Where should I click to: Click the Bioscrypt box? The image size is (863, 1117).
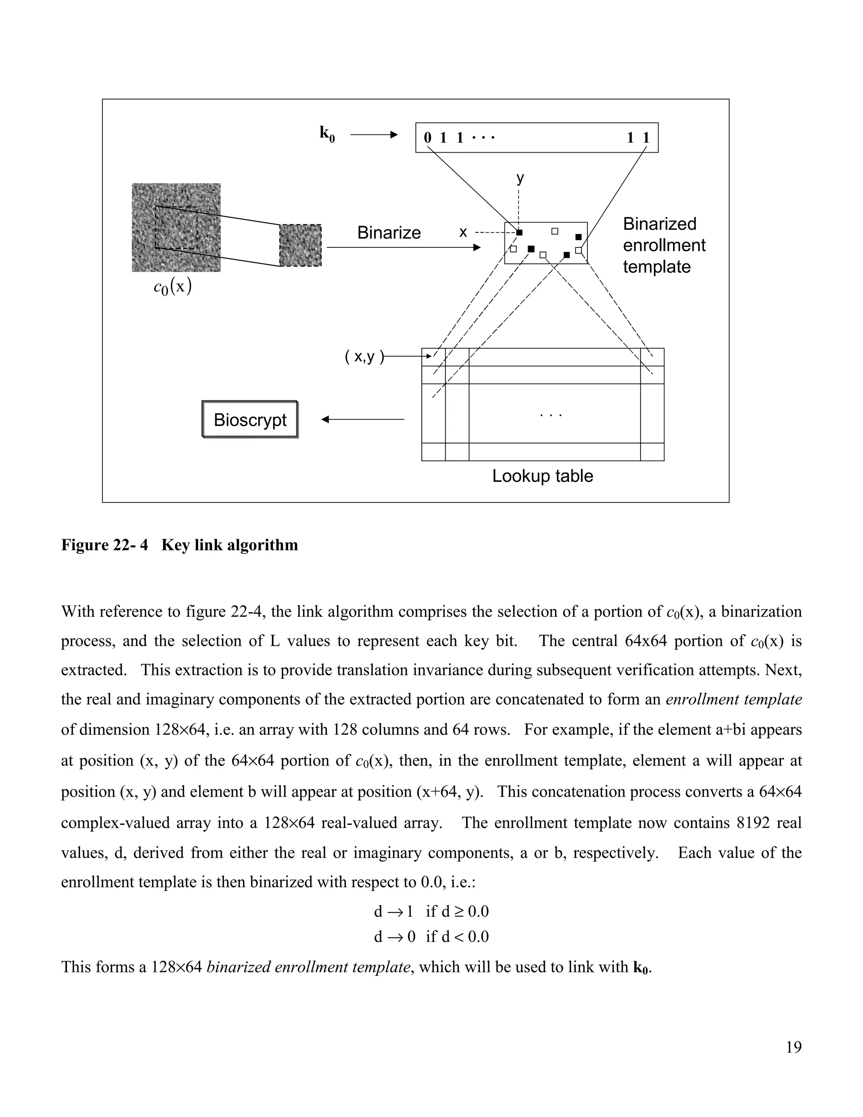(250, 419)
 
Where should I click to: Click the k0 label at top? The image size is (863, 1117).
(327, 134)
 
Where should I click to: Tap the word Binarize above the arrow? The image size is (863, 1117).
(389, 233)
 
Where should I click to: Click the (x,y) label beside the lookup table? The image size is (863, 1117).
(364, 357)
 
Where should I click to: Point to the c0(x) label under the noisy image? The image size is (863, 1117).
(172, 287)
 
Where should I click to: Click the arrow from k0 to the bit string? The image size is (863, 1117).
(374, 135)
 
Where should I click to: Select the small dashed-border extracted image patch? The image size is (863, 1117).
(300, 245)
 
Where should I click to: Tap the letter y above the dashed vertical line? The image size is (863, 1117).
(520, 178)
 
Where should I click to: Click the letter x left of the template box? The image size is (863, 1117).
(463, 232)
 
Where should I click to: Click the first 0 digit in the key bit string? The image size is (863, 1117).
(427, 137)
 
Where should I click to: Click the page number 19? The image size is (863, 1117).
(793, 1047)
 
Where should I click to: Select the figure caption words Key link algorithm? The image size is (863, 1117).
(230, 545)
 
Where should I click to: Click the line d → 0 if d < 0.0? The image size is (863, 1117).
(431, 937)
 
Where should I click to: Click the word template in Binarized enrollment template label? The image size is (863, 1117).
(657, 267)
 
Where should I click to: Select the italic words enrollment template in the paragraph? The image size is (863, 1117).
(734, 699)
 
